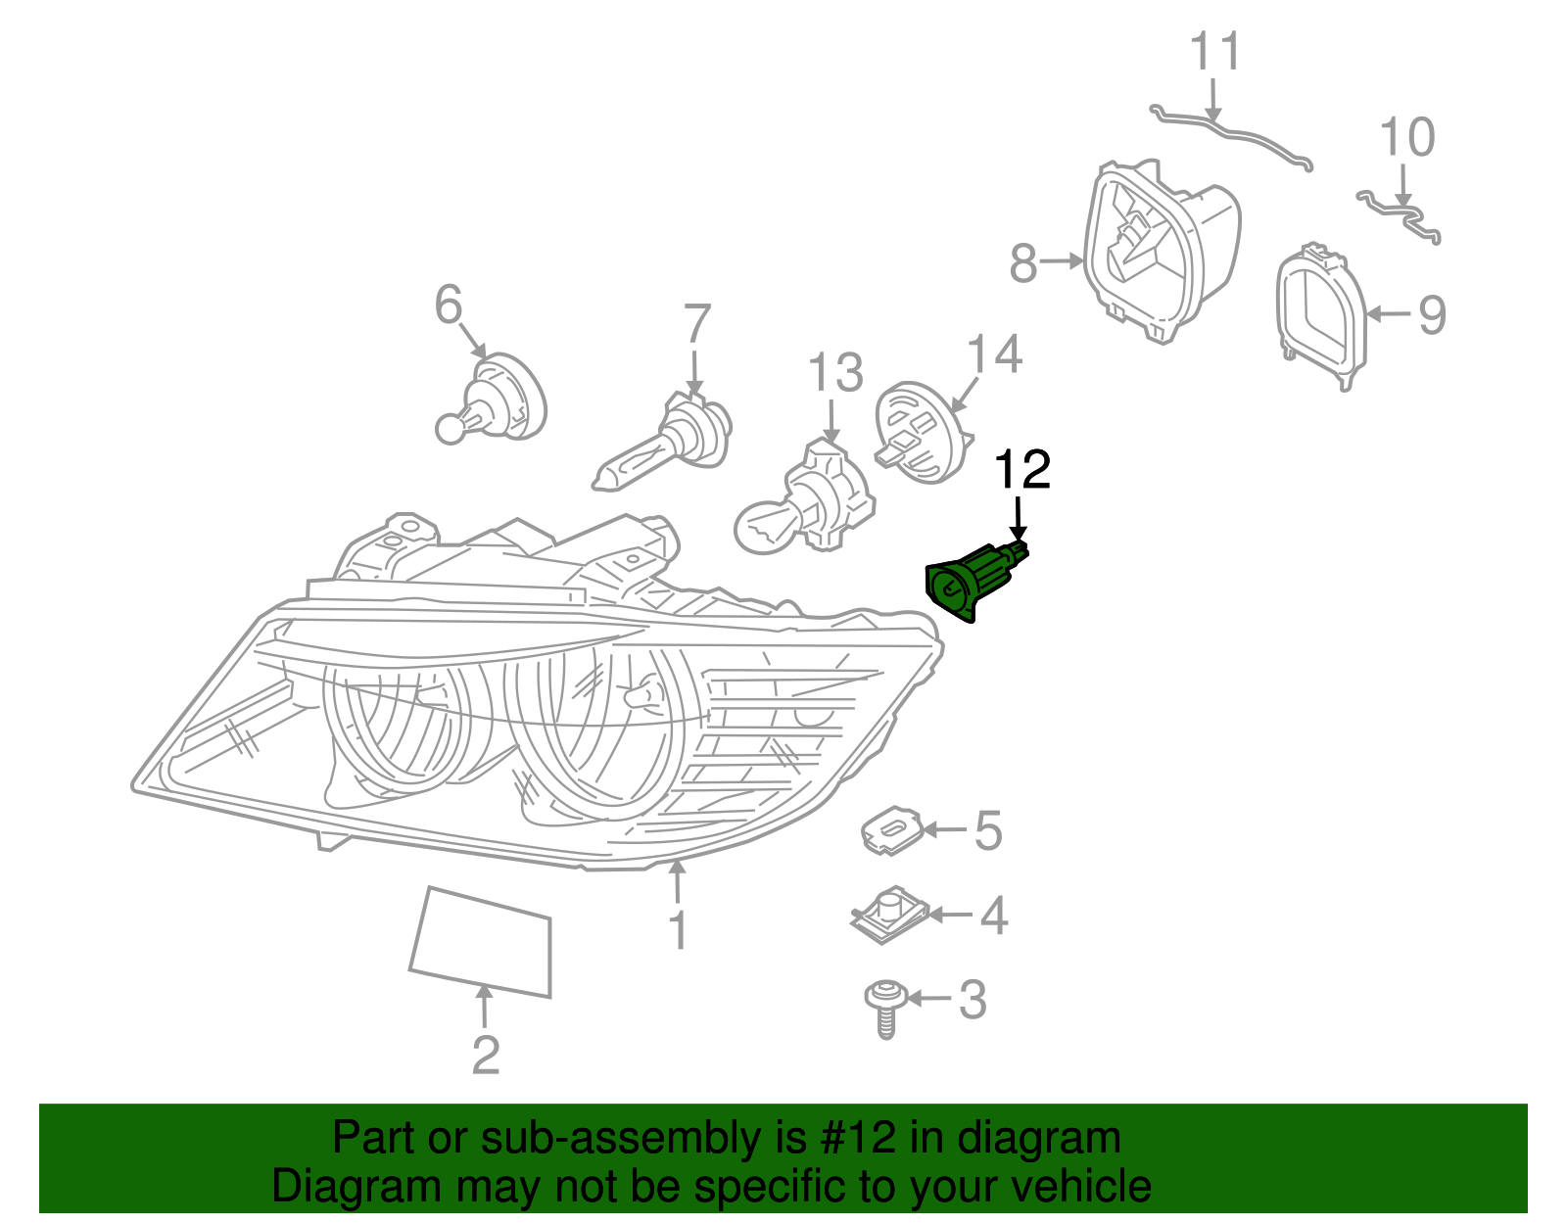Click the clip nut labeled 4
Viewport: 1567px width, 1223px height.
coord(888,915)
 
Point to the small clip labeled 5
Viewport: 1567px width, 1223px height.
coord(892,829)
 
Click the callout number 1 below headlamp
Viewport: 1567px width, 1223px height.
coord(678,930)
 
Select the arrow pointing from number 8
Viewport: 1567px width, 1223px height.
coord(1062,261)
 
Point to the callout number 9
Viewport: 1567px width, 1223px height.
coord(1431,315)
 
